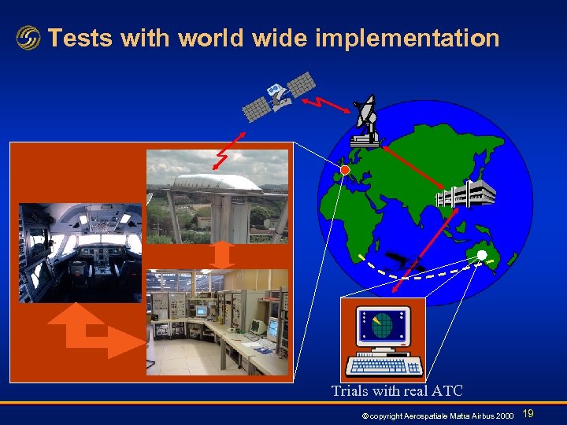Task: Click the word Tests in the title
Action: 79,38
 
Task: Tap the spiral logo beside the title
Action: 28,38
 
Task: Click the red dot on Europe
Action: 344,169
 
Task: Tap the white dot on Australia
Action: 481,254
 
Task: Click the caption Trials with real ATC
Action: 397,390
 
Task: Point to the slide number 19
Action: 528,413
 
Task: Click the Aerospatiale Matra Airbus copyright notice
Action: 435,415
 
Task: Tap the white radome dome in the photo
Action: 217,183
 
